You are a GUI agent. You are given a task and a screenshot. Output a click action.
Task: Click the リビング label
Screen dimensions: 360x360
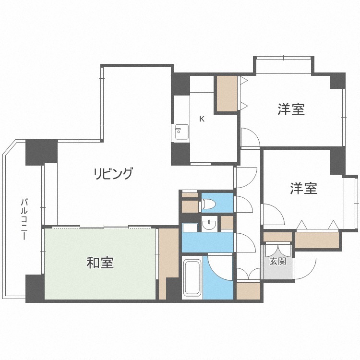pos(113,174)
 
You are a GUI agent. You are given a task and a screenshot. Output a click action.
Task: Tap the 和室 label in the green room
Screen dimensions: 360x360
pos(100,263)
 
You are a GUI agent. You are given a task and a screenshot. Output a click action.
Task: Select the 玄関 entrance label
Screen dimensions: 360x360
pos(277,261)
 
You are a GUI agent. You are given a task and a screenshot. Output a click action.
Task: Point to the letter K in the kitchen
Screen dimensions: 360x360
pos(202,119)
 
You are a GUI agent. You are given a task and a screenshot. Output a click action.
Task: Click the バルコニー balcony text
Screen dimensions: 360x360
pos(24,219)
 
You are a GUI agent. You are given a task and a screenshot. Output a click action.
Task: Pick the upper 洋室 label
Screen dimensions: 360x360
pos(291,109)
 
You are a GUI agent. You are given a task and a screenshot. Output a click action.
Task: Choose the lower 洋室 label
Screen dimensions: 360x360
pos(303,188)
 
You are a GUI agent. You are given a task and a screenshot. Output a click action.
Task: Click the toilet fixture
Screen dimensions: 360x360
pos(208,204)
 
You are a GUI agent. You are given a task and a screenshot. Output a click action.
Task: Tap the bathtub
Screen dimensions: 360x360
pos(192,277)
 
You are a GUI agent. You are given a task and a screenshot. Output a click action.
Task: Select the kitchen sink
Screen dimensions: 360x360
pos(182,132)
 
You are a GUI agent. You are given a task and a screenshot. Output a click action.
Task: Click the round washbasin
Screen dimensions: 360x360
pos(209,223)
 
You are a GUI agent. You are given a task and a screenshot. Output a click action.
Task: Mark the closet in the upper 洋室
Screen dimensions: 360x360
pos(227,94)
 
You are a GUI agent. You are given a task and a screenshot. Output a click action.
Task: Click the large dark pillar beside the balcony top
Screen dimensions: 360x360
pos(41,152)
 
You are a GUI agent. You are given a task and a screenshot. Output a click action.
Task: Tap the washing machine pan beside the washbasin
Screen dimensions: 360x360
pos(190,228)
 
